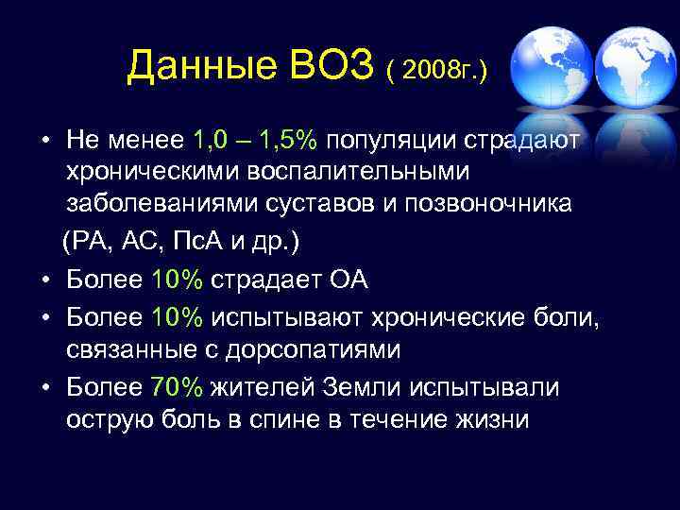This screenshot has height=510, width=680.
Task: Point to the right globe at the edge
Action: [x=637, y=68]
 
